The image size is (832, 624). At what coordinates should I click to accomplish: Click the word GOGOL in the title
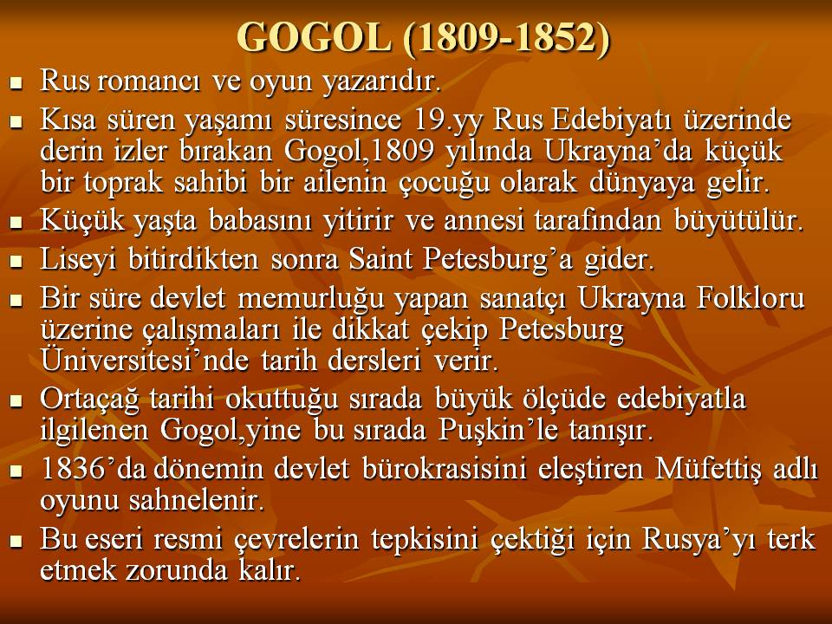coord(313,37)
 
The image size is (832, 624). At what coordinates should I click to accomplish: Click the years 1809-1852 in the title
coord(507,38)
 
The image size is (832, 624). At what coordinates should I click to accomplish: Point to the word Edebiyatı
coord(612,120)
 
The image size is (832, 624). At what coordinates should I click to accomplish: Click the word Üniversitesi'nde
coord(145,360)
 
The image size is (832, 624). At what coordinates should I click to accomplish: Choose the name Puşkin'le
coord(498,431)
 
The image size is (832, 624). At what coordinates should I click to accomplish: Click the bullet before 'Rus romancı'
coord(17,83)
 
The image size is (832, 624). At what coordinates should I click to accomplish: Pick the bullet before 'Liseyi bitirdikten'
coord(17,261)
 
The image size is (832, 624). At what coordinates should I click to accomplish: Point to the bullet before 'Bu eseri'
coord(17,542)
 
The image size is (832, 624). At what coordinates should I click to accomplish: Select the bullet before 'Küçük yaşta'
coord(17,222)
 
